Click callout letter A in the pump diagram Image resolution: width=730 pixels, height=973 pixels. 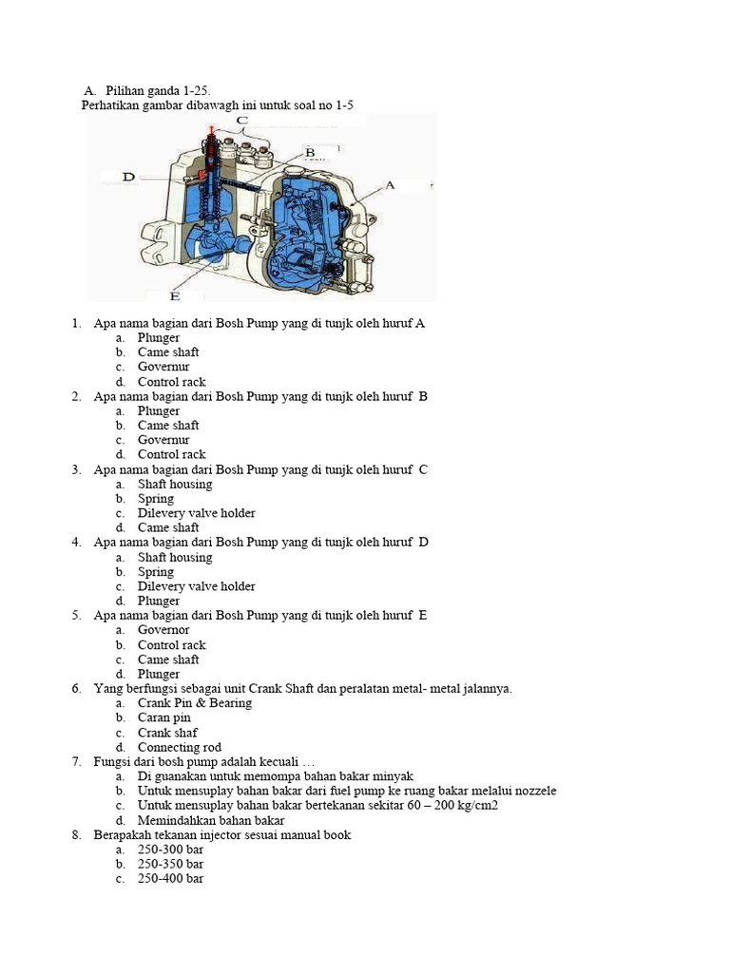tap(390, 185)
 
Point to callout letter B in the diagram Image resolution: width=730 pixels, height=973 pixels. tap(309, 152)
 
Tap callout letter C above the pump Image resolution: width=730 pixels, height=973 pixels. tap(242, 121)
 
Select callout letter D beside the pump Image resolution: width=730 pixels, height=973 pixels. tap(129, 176)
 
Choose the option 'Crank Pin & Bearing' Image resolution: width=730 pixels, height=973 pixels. tap(194, 703)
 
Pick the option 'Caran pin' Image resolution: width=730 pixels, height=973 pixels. tap(163, 718)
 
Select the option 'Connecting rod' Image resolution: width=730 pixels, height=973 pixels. tap(179, 748)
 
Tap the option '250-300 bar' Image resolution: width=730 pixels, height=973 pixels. tap(170, 849)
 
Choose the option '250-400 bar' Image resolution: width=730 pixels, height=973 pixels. tap(170, 879)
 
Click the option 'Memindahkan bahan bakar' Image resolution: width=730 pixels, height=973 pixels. tap(211, 820)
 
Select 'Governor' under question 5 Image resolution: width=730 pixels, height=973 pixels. tap(163, 630)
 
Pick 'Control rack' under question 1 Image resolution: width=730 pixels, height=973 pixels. tap(171, 382)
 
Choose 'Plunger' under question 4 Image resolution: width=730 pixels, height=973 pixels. tap(158, 601)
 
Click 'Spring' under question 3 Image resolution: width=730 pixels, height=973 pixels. tap(156, 499)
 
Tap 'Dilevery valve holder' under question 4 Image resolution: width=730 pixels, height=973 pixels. tap(196, 586)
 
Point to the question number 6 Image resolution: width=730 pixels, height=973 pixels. tap(76, 689)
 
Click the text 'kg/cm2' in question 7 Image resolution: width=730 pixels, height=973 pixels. tap(477, 806)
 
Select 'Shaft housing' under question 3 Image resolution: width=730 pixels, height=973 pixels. tap(175, 484)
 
